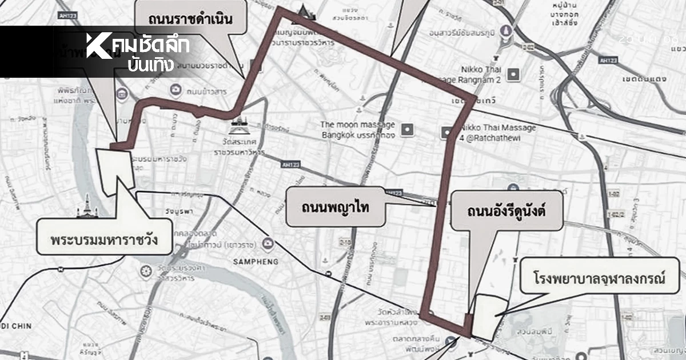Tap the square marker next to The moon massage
[408, 130]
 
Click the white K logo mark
[98, 46]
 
